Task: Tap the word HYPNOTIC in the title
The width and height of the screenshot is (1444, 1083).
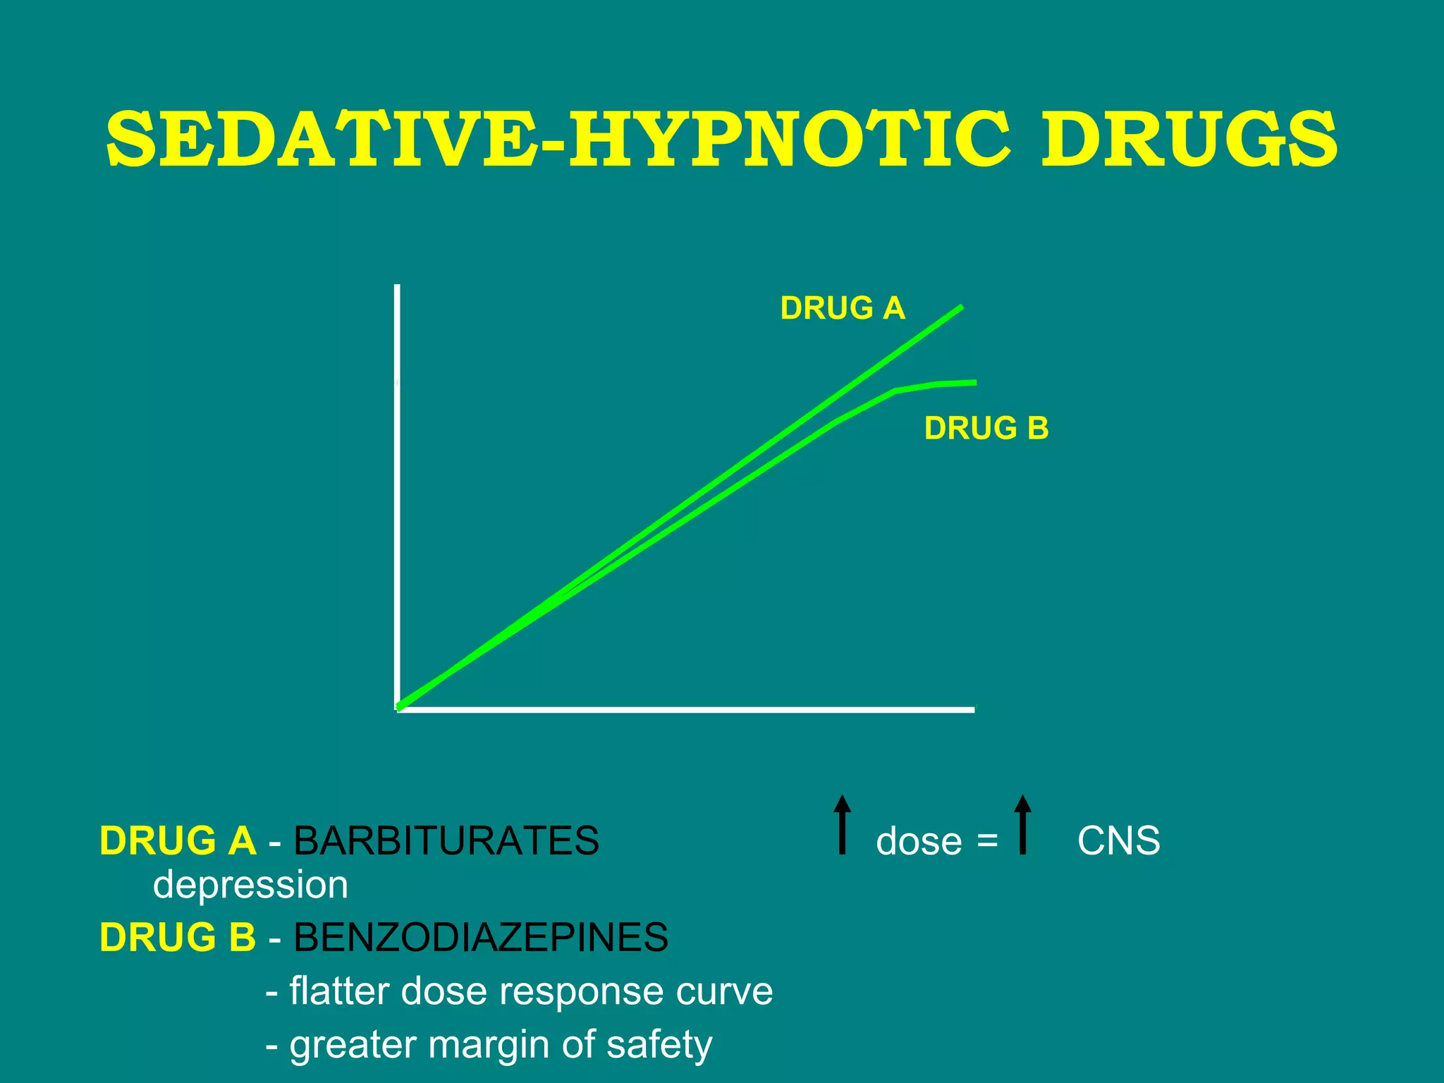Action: [790, 140]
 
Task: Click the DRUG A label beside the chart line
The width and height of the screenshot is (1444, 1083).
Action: [843, 309]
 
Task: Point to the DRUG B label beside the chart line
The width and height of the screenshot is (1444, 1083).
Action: [986, 429]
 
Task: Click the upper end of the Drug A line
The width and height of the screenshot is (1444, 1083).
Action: [960, 308]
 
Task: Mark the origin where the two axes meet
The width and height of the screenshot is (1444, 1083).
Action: [398, 709]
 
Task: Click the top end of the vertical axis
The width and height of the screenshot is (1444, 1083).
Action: [398, 288]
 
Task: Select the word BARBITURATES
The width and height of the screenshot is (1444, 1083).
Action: [446, 840]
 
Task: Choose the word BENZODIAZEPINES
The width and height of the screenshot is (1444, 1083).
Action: [480, 937]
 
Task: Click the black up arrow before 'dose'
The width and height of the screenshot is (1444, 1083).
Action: [842, 825]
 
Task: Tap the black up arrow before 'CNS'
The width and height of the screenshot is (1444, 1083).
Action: [1022, 825]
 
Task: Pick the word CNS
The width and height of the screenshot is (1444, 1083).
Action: [1118, 840]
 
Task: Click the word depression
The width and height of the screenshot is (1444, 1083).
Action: [250, 885]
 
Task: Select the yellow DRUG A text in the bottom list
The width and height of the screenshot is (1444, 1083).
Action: [178, 840]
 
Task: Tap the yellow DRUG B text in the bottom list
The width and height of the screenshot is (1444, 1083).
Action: [178, 937]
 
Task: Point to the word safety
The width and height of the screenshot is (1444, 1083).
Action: [659, 1045]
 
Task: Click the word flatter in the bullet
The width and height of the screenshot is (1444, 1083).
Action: [339, 991]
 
